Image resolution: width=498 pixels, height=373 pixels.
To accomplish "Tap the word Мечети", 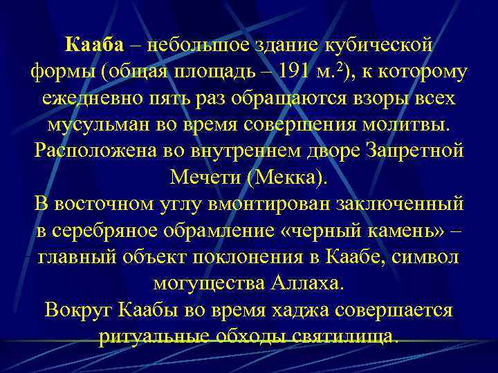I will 200,178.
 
